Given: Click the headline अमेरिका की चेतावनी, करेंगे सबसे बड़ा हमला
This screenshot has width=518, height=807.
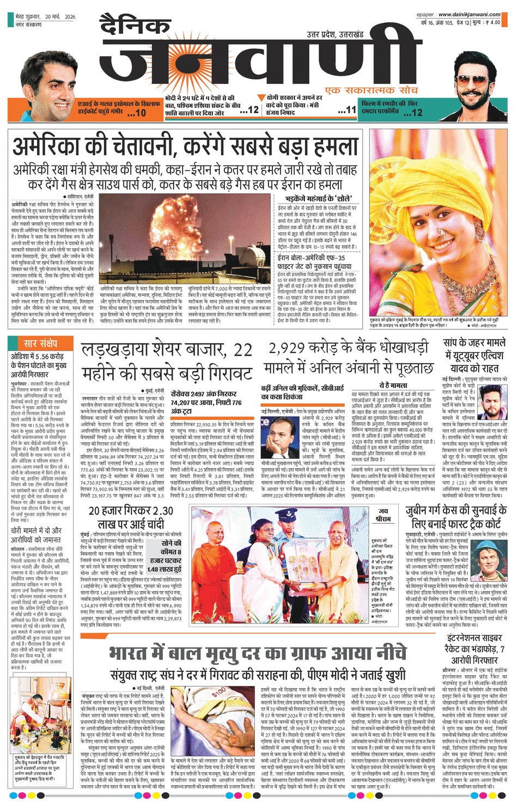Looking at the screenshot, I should point(186,146).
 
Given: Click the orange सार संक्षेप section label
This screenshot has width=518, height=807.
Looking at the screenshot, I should point(40,344).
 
